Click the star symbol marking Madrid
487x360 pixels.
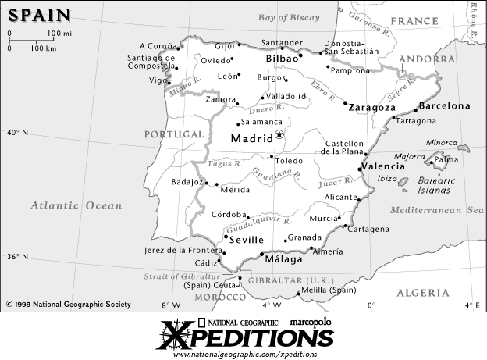point(280,135)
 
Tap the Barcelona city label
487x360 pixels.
point(445,105)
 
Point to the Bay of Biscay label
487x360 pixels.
point(291,17)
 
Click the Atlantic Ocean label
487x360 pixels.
point(76,205)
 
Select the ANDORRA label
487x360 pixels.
point(426,59)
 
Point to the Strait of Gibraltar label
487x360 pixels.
point(182,276)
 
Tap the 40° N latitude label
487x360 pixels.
point(17,133)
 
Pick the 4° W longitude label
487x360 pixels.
point(271,305)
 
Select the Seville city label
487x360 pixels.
point(247,240)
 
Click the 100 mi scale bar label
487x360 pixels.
point(59,34)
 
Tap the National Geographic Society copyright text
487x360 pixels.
point(69,305)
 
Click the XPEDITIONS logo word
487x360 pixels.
point(246,337)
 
